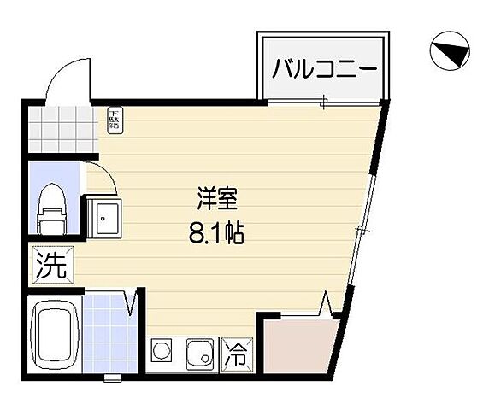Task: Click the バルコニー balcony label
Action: [x=324, y=69]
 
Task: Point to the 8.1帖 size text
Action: [x=217, y=232]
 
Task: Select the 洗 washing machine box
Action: [x=50, y=264]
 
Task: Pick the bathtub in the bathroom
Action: [x=56, y=334]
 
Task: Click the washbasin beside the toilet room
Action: [x=105, y=220]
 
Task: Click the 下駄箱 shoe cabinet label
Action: [x=115, y=120]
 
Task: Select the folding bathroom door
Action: [x=133, y=303]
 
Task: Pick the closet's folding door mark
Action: [x=327, y=304]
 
